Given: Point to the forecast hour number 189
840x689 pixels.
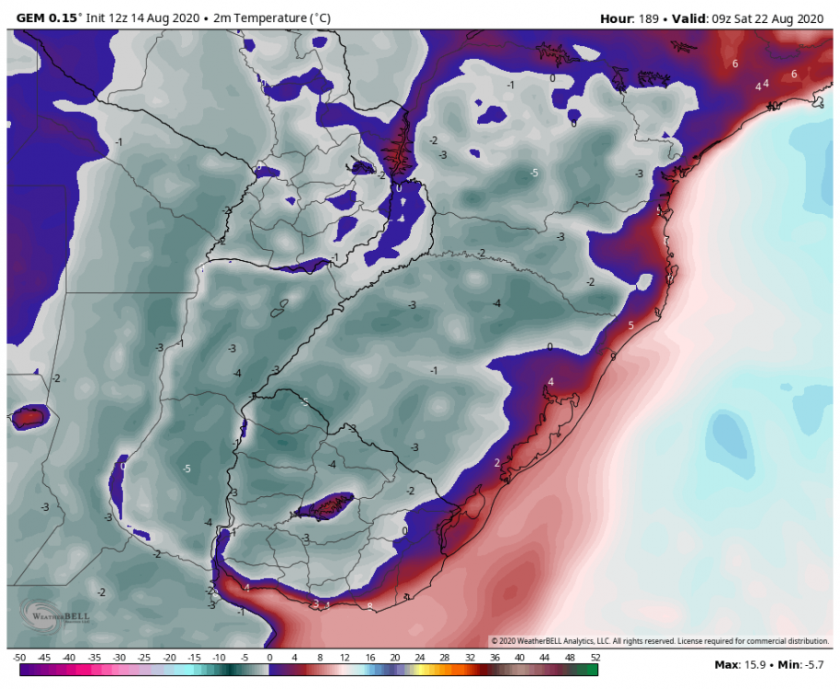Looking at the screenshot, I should click(x=656, y=17).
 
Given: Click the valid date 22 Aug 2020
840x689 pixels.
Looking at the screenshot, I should click(x=788, y=17).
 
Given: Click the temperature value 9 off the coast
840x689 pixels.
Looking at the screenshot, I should click(x=612, y=354).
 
